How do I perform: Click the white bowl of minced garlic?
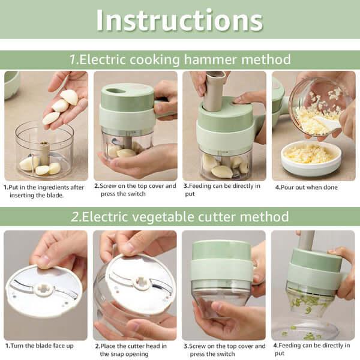(x=311, y=157)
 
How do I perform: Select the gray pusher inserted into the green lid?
(x=215, y=90)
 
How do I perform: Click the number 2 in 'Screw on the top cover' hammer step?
(x=96, y=186)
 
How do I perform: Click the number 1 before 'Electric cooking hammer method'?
(x=73, y=59)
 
